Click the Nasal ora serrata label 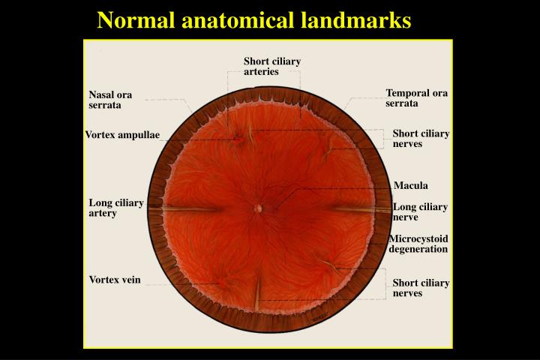[110, 100]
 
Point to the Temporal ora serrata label [416, 98]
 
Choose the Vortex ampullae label [122, 135]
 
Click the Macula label [410, 185]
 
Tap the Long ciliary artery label [116, 208]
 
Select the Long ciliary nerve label [420, 211]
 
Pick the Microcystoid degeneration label [418, 244]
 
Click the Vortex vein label [115, 280]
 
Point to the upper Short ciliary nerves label [421, 139]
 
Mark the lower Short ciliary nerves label [421, 288]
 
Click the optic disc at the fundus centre [258, 208]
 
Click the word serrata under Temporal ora [402, 103]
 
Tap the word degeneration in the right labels [418, 249]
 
